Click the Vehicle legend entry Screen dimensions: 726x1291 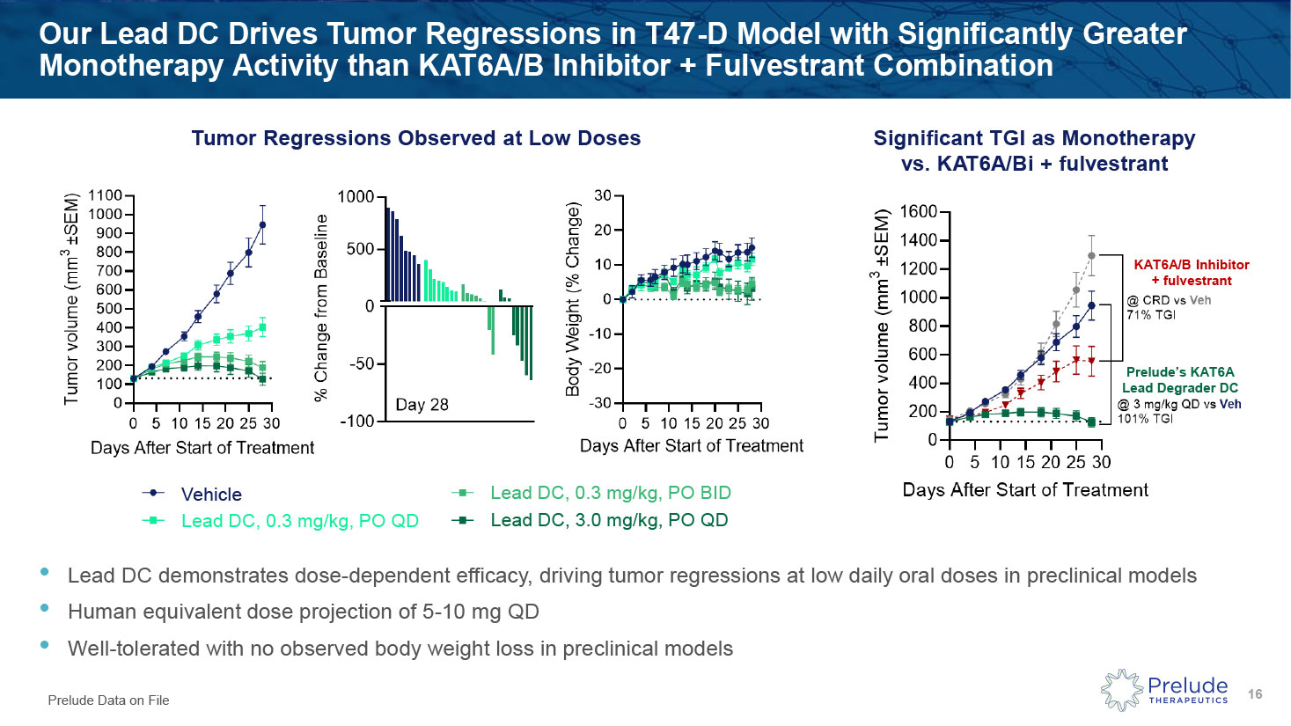click(x=210, y=495)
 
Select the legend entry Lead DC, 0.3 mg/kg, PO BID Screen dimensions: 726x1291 click(x=610, y=493)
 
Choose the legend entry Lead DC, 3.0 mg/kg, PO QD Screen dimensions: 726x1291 click(x=609, y=520)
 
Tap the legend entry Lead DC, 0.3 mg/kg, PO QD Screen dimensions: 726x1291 click(x=299, y=521)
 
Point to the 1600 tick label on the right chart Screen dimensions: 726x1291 click(x=917, y=212)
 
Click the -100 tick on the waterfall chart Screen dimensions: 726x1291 click(x=356, y=422)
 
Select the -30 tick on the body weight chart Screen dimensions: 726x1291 click(x=601, y=403)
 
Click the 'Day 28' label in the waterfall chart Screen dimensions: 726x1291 click(x=422, y=405)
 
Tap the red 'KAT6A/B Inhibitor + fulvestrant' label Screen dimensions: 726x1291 click(x=1191, y=273)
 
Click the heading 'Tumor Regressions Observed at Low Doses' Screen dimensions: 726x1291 click(x=415, y=138)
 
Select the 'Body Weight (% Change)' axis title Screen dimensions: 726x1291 click(x=574, y=298)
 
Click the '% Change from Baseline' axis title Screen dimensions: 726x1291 click(x=321, y=307)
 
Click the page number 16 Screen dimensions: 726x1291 click(x=1255, y=694)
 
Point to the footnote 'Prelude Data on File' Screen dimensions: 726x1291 click(x=108, y=700)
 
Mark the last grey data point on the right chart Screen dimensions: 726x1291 click(x=1092, y=256)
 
